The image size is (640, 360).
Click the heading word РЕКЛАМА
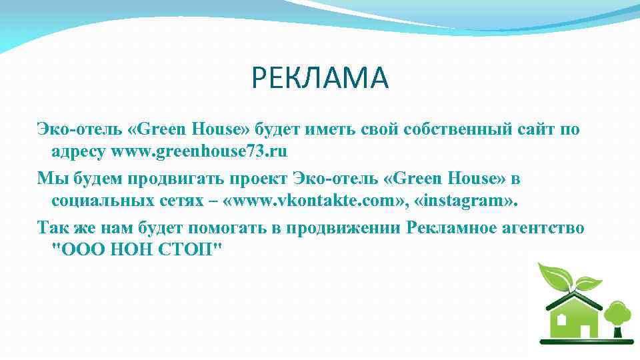[319, 79]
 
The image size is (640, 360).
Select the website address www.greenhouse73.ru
[199, 151]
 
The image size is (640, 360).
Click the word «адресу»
[79, 151]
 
